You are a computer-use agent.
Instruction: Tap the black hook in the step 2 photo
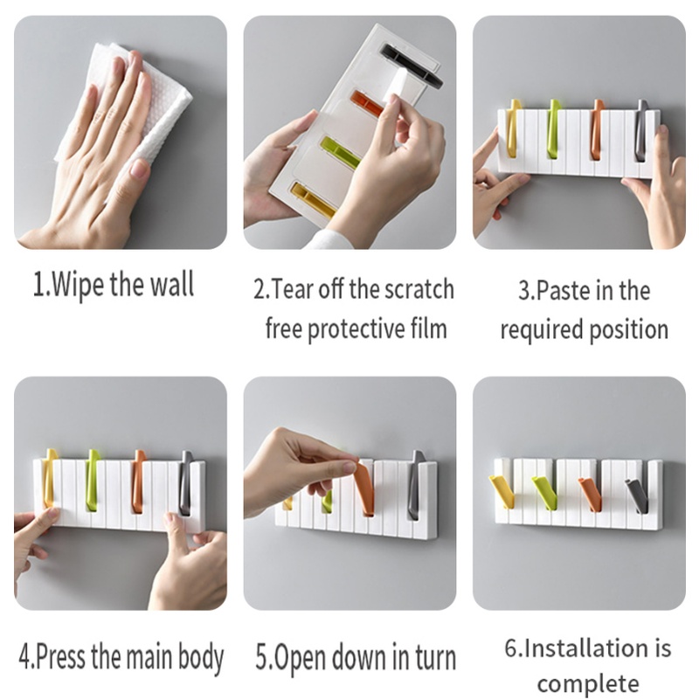pyautogui.click(x=411, y=65)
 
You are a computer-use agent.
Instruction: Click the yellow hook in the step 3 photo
pyautogui.click(x=514, y=128)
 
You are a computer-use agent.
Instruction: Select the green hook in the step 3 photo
pyautogui.click(x=553, y=129)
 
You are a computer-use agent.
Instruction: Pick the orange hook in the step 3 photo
pyautogui.click(x=597, y=129)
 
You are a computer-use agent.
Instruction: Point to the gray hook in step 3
pyautogui.click(x=640, y=130)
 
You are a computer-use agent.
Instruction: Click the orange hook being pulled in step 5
pyautogui.click(x=365, y=488)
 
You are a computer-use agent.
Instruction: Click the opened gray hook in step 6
pyautogui.click(x=638, y=495)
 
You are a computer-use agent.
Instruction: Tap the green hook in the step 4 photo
pyautogui.click(x=93, y=480)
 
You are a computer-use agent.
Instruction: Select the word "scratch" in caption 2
pyautogui.click(x=419, y=289)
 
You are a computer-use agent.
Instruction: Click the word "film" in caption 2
pyautogui.click(x=429, y=329)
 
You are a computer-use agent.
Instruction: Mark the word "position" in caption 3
pyautogui.click(x=629, y=330)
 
